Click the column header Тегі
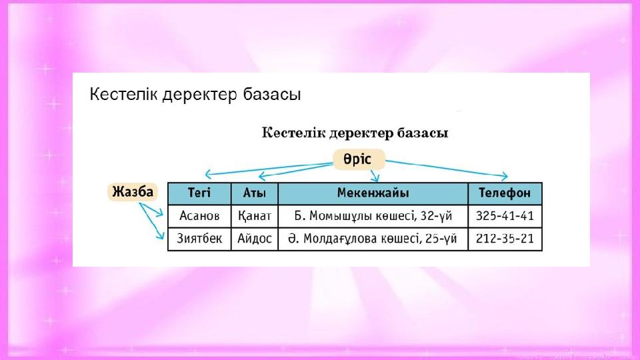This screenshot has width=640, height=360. click(x=199, y=193)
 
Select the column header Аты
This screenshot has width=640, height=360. click(x=254, y=193)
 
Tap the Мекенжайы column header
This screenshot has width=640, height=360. click(x=373, y=193)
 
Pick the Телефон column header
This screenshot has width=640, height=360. click(x=505, y=193)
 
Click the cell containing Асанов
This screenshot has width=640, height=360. click(x=199, y=215)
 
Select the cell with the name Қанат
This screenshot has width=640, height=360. click(x=254, y=215)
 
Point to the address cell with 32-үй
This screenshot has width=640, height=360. click(x=373, y=215)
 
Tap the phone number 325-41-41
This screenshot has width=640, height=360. click(x=505, y=215)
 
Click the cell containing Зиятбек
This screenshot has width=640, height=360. click(x=199, y=239)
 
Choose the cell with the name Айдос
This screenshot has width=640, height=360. click(x=254, y=239)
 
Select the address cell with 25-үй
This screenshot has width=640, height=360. click(x=373, y=239)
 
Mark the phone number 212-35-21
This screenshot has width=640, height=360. click(x=505, y=239)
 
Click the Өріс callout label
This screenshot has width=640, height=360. click(x=359, y=159)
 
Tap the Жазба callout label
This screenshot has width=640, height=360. click(x=133, y=192)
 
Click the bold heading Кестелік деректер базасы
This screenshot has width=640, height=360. click(x=355, y=133)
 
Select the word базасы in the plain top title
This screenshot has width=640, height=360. click(x=272, y=95)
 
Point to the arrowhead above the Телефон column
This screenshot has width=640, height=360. click(x=505, y=176)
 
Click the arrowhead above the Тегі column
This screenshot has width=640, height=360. click(x=208, y=174)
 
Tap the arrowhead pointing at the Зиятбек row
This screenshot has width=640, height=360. click(x=161, y=235)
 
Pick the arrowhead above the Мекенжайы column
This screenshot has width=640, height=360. click(x=375, y=178)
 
